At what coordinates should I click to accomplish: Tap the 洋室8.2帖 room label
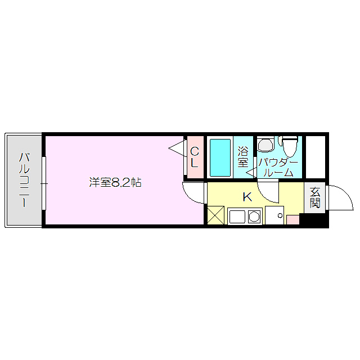coord(115,182)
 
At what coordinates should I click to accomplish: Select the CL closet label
coord(194,157)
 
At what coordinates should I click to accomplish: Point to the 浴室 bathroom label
coord(243,157)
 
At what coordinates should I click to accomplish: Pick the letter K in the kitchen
coord(247,197)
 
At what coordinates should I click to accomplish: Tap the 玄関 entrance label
coord(314,197)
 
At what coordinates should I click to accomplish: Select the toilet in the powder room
coord(290,147)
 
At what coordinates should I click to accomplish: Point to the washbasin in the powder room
coord(264,145)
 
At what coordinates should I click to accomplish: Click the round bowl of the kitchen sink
coord(254,217)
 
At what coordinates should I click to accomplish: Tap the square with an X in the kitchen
coord(215,215)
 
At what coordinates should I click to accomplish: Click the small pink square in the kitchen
coord(292,219)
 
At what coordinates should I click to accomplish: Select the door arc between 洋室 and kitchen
coord(194,193)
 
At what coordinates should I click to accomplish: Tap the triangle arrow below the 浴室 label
coord(250,174)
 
